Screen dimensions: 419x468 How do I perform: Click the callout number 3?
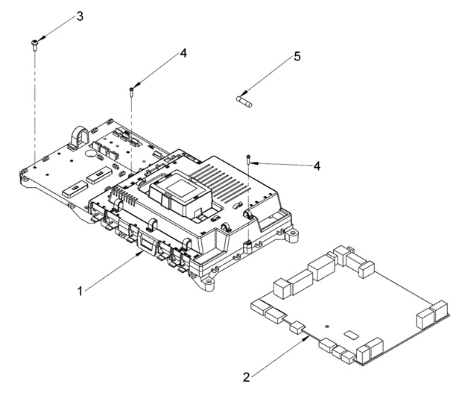tap(80, 16)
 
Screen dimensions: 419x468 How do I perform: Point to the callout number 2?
tap(246, 376)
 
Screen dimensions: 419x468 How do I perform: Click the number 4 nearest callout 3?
tap(183, 54)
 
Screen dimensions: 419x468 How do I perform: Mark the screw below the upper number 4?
tap(132, 91)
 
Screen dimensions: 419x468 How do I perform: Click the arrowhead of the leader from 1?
tap(144, 254)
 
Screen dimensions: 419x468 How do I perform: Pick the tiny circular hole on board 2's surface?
tap(326, 326)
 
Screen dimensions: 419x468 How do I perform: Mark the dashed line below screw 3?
tap(35, 104)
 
